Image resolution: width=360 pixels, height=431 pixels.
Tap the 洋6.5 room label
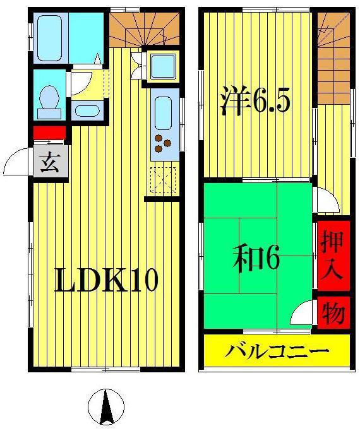(256, 101)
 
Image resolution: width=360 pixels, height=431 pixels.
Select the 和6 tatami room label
(256, 258)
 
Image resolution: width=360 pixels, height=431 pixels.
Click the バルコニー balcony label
(277, 351)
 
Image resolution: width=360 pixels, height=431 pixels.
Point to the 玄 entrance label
(50, 162)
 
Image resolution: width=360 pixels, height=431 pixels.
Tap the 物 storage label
(333, 312)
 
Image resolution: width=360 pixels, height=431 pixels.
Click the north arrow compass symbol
(106, 406)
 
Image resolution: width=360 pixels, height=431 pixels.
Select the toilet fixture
(49, 102)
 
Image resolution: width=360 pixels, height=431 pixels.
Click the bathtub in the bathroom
(49, 38)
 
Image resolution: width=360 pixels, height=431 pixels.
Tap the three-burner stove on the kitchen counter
(162, 143)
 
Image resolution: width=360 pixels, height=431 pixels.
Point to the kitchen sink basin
(163, 114)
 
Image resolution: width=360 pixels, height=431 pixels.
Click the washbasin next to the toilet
(87, 111)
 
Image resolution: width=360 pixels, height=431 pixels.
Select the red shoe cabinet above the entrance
(50, 133)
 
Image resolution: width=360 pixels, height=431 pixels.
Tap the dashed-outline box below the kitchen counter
(163, 180)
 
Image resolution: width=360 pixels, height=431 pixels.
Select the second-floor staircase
(334, 58)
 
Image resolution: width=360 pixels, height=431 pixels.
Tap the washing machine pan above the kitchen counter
(163, 66)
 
